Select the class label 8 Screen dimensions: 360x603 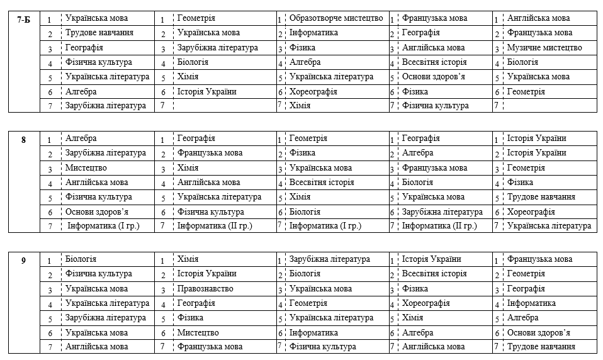click(x=24, y=139)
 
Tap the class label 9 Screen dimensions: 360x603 click(x=24, y=260)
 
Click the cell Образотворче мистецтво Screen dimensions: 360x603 click(x=336, y=18)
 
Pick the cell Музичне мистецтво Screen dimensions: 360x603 click(x=544, y=48)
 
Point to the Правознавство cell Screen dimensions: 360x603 click(x=205, y=289)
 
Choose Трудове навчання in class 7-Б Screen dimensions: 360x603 click(x=99, y=33)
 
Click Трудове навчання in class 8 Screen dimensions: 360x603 click(x=541, y=197)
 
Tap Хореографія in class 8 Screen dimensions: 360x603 click(x=531, y=212)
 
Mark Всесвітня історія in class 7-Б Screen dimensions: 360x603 click(x=435, y=62)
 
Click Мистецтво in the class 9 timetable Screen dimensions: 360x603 click(x=198, y=333)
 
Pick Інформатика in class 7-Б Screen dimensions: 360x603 click(x=313, y=33)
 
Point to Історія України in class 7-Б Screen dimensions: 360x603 click(x=207, y=91)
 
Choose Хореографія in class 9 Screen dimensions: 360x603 click(x=426, y=303)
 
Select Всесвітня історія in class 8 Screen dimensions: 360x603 click(x=322, y=183)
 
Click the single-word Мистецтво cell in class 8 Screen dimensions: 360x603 click(x=86, y=168)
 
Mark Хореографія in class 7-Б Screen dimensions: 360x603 click(x=313, y=91)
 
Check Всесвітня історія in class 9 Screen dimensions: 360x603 click(x=434, y=274)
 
